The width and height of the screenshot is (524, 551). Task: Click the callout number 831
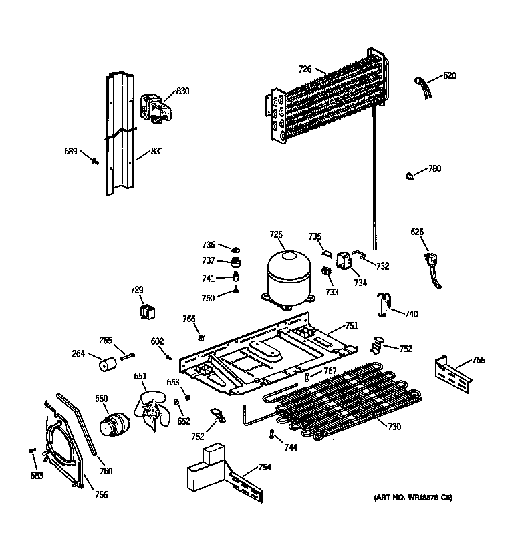click(x=157, y=151)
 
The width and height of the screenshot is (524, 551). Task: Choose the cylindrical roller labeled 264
click(x=106, y=365)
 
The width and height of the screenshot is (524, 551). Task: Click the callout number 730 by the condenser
click(x=394, y=426)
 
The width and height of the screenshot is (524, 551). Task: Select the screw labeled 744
click(x=272, y=435)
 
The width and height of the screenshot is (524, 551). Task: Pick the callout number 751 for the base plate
click(x=351, y=325)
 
